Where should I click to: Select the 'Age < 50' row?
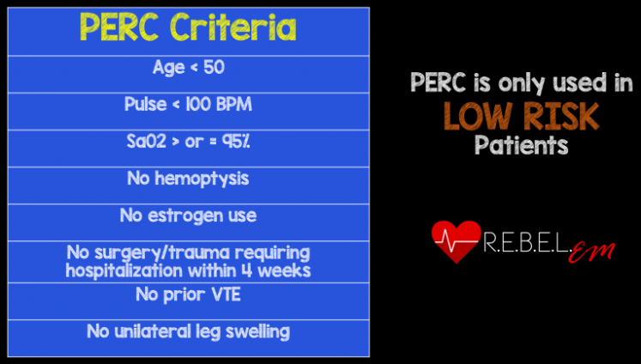(x=188, y=69)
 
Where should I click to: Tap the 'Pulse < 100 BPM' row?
(x=188, y=106)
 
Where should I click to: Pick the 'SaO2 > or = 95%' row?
(x=188, y=143)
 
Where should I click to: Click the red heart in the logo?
(x=455, y=241)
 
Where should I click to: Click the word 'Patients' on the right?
(x=522, y=145)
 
